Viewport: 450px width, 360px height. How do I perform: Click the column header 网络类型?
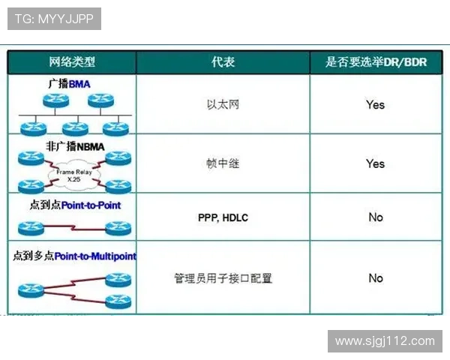click(x=72, y=62)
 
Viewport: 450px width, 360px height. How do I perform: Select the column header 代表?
click(x=223, y=62)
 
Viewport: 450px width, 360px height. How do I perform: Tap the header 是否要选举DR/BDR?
click(x=375, y=62)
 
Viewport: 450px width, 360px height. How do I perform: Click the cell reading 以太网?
click(x=223, y=104)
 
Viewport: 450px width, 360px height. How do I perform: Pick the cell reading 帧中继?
click(x=223, y=163)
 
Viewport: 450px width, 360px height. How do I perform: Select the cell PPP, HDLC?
click(x=223, y=217)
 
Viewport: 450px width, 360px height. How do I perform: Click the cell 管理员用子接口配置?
click(x=223, y=278)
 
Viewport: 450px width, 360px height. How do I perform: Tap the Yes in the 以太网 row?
click(x=375, y=104)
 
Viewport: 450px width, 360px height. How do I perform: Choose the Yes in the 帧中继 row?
click(x=375, y=163)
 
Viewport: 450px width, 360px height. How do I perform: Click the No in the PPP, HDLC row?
click(x=375, y=217)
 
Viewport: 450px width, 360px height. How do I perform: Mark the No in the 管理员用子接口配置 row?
click(x=375, y=278)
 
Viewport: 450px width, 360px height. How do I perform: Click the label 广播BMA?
click(x=68, y=84)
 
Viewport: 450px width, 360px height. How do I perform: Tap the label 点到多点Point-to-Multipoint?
click(x=74, y=256)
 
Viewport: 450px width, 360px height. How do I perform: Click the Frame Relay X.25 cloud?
click(x=73, y=175)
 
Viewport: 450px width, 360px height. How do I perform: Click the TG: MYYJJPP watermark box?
click(x=54, y=19)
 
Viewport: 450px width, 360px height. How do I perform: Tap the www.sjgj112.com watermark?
click(x=384, y=341)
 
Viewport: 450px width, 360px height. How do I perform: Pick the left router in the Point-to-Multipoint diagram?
click(x=31, y=288)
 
